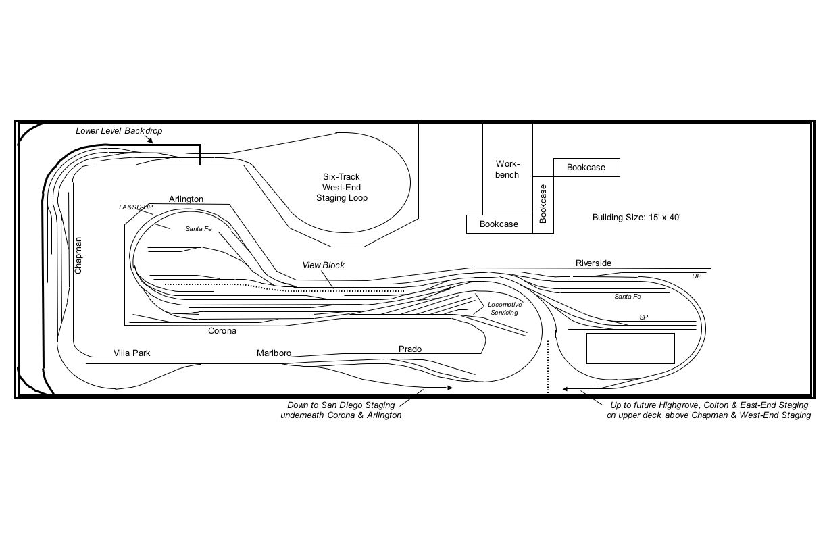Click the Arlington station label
coord(186,199)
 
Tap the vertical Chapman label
coord(78,255)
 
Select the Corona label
coord(222,331)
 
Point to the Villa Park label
coord(132,353)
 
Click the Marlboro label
coord(274,353)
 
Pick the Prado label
coord(410,349)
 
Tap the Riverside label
coord(594,263)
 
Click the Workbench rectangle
coord(507,170)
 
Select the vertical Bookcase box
coord(543,205)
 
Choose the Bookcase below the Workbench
coord(499,224)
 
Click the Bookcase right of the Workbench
coord(586,168)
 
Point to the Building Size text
coord(636,217)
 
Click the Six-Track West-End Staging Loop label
coord(341,187)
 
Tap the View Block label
coord(324,265)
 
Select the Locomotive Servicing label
coord(505,308)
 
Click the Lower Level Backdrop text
coord(119,130)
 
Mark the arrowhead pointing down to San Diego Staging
coord(450,388)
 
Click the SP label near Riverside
coord(643,317)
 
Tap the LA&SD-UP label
coord(136,207)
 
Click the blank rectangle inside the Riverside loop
coord(630,349)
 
